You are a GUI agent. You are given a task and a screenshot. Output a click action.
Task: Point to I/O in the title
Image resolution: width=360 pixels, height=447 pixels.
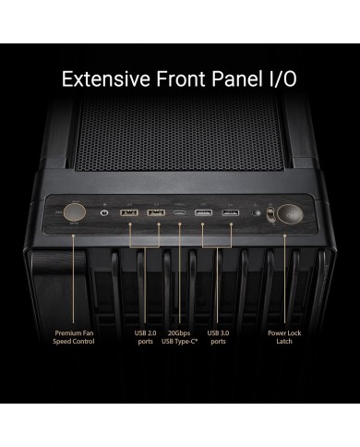pos(284,78)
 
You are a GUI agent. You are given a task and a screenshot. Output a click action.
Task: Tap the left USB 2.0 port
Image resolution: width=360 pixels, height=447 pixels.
pos(130,216)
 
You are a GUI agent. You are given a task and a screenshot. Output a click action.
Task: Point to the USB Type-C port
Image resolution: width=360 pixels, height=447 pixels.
pos(180,216)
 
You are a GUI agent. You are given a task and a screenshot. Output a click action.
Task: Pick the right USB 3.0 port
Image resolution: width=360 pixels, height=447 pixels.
pos(228,216)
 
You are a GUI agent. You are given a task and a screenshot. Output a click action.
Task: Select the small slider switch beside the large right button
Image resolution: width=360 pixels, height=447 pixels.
pos(269,215)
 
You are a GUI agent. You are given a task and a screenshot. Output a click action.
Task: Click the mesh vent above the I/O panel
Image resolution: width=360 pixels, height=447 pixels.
pos(180,139)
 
